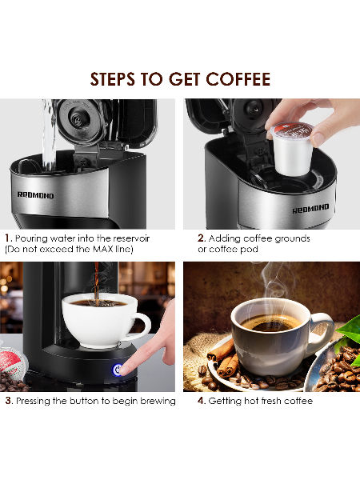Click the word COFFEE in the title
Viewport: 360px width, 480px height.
[238, 79]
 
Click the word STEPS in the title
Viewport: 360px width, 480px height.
[112, 79]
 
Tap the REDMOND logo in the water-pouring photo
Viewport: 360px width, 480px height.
[35, 195]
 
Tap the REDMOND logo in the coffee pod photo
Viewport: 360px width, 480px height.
[310, 209]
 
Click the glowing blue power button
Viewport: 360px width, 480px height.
[118, 370]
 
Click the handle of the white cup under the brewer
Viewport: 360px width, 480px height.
[141, 326]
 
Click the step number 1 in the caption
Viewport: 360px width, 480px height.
[8, 238]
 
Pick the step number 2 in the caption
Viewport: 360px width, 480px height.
[202, 238]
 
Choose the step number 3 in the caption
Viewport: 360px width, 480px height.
[9, 401]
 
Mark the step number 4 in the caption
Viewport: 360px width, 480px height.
[202, 401]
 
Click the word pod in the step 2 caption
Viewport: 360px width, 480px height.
[249, 249]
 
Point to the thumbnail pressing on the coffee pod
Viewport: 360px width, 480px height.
[318, 139]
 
